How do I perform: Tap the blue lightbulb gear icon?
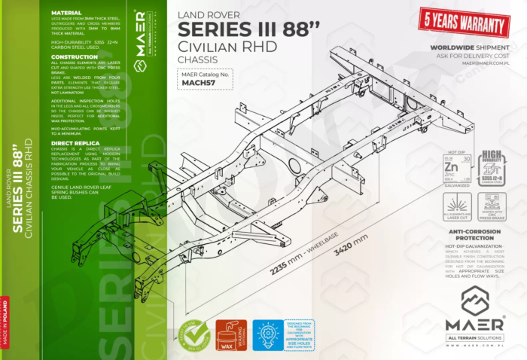pyautogui.click(x=268, y=334)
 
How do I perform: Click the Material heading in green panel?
pyautogui.click(x=66, y=12)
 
